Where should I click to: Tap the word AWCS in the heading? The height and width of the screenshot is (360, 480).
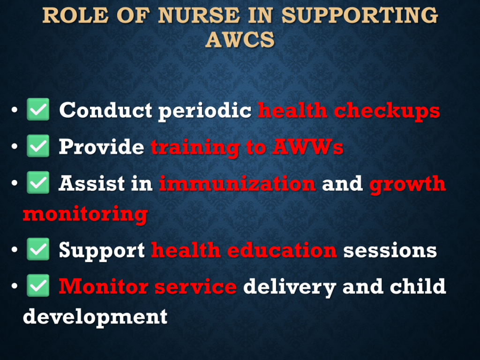(240, 39)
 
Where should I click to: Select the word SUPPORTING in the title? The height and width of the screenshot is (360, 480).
(360, 15)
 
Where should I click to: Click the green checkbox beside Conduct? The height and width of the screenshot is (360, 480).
(38, 109)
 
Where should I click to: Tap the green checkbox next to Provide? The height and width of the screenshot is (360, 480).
(38, 146)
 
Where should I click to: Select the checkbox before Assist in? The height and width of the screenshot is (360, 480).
(38, 182)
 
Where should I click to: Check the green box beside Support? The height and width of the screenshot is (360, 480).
(38, 249)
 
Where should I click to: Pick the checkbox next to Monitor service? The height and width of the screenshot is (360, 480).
(38, 285)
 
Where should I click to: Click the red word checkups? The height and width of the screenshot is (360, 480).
(387, 111)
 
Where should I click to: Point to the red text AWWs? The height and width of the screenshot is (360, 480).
(307, 147)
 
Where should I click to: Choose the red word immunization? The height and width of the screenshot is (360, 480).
(237, 183)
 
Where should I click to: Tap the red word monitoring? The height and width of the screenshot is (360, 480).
(85, 214)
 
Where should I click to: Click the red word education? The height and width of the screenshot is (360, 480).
(282, 250)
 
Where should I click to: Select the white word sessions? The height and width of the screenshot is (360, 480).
(390, 250)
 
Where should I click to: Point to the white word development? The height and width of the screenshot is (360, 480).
(95, 317)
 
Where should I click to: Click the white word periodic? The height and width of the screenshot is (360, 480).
(205, 111)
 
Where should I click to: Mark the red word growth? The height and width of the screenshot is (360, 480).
(407, 184)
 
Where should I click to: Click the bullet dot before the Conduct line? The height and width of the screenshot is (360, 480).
(15, 110)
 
